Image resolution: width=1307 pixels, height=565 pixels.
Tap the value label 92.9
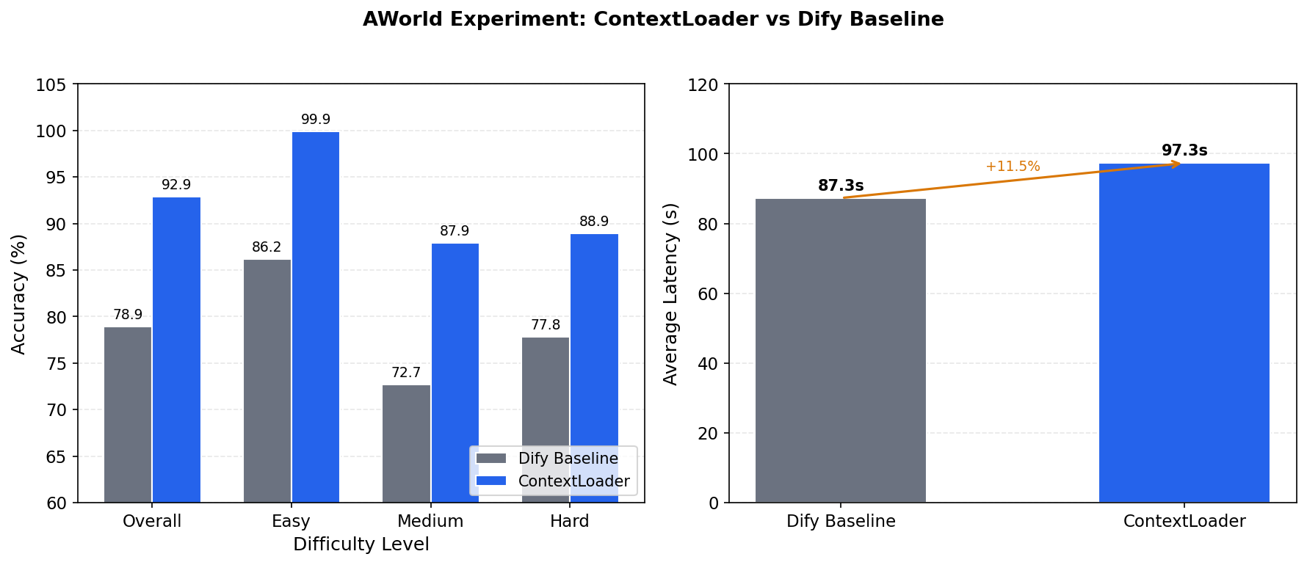pos(176,185)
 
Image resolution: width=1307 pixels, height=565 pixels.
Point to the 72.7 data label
pos(406,373)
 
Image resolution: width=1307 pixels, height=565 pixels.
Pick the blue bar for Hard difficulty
pos(594,338)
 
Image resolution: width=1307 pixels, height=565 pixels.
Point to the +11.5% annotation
pos(1013,167)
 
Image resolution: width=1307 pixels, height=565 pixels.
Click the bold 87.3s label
pos(841,186)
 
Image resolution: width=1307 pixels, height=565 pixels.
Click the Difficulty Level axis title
pos(361,544)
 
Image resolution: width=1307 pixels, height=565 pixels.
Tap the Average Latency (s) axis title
pos(670,294)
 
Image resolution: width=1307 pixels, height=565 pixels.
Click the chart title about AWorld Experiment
pos(653,20)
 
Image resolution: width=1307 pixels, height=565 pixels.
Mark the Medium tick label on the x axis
pos(430,522)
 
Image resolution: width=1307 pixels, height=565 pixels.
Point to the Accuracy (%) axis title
pos(19,294)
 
